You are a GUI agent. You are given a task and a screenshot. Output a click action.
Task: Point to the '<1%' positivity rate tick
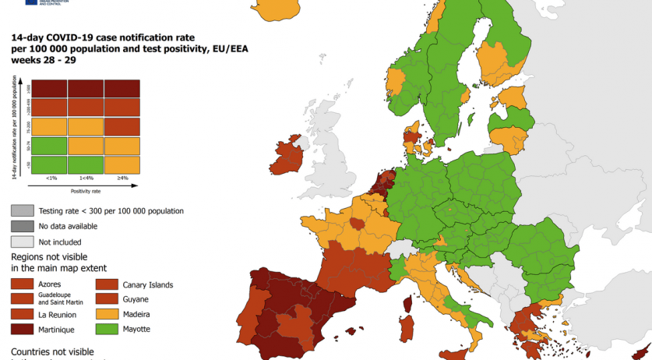(x=51, y=178)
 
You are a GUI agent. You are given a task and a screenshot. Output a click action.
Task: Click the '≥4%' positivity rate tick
(x=122, y=178)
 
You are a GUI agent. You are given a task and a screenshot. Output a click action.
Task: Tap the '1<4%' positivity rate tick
(x=86, y=178)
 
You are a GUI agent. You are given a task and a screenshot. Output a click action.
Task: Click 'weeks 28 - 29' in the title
(x=43, y=60)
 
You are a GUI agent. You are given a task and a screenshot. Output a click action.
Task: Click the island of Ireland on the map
(x=289, y=156)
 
